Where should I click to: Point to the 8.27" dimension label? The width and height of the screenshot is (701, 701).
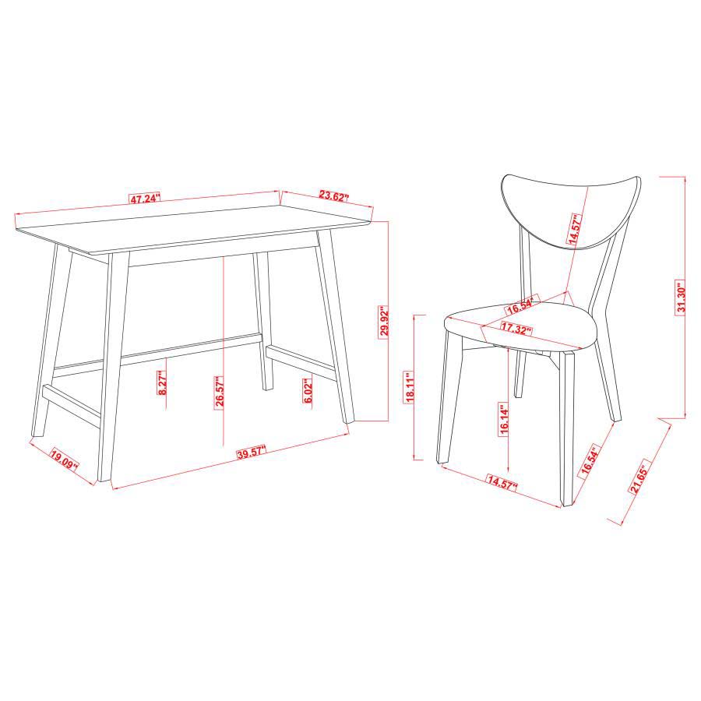coord(162,382)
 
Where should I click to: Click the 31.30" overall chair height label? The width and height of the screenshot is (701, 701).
coord(681,297)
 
